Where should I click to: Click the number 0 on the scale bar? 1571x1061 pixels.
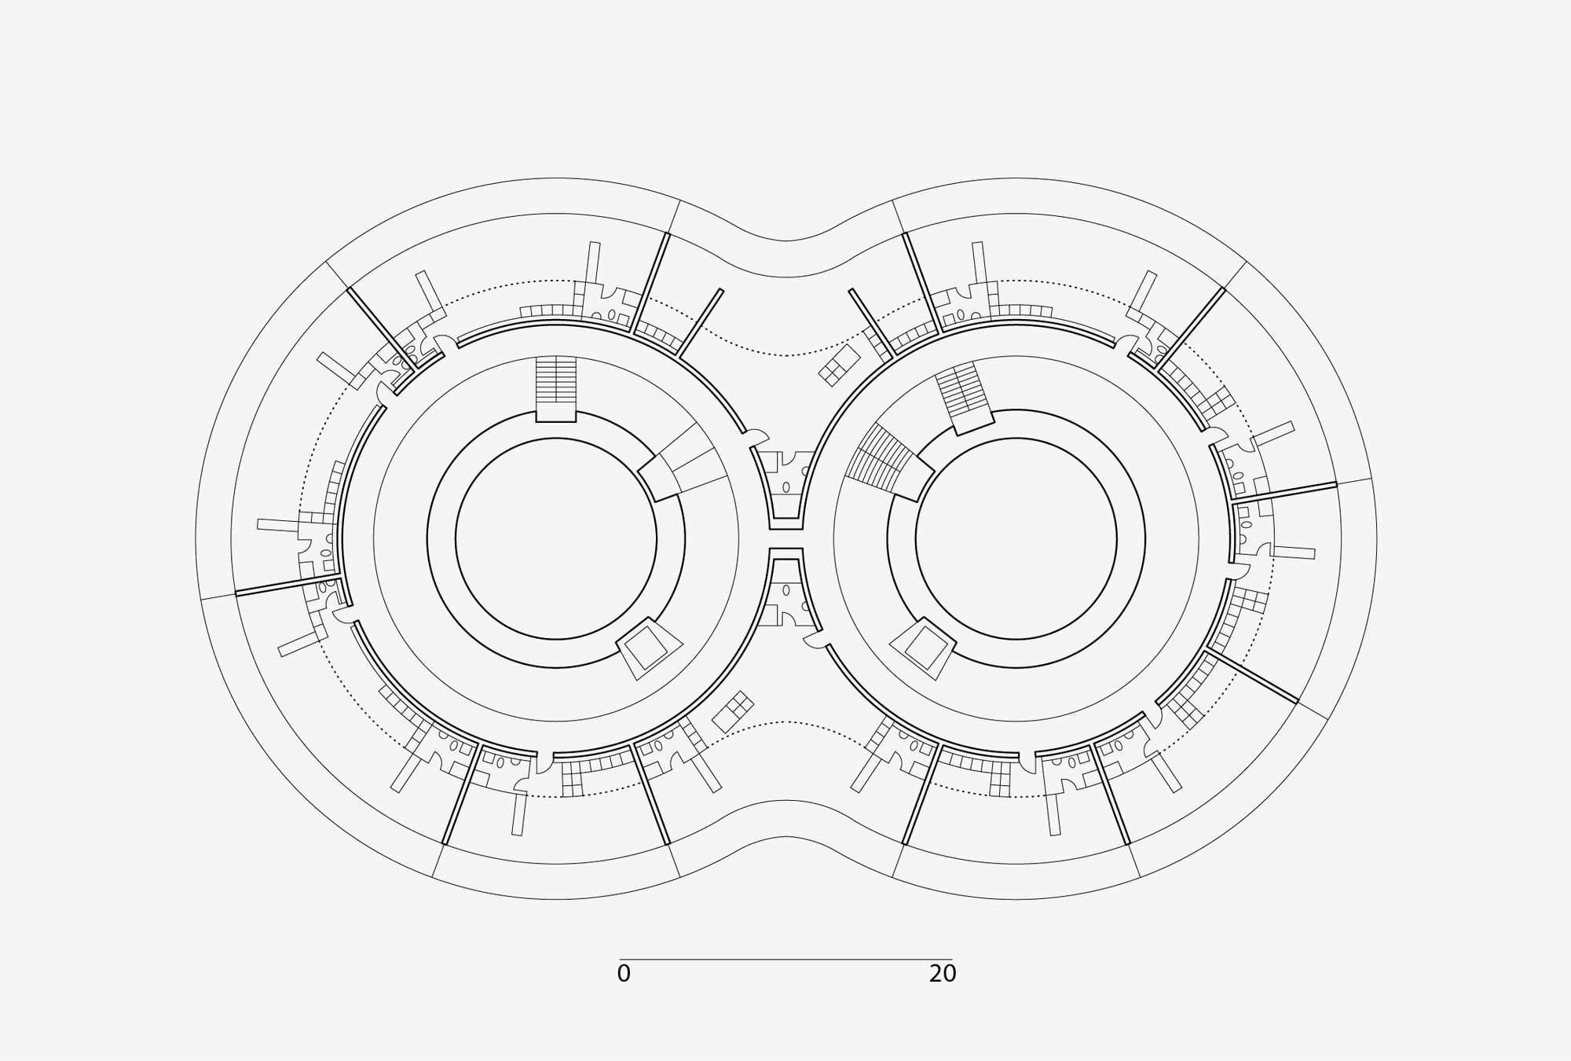tap(624, 974)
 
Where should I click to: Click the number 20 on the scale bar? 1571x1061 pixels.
tap(943, 974)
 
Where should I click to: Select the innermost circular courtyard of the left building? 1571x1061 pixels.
tap(556, 539)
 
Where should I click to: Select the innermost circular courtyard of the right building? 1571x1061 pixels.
tap(1016, 539)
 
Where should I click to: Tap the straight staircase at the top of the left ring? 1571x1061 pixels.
tap(556, 389)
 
